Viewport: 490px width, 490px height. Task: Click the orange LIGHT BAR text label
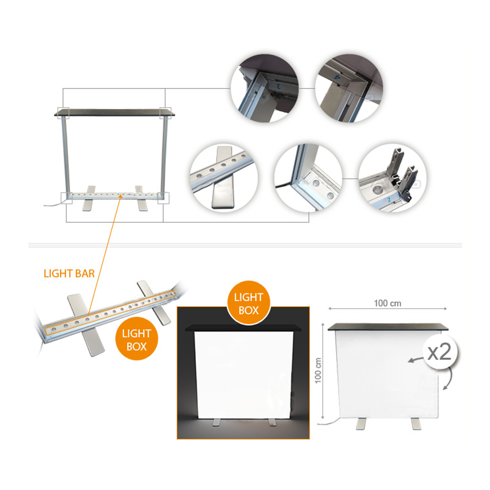pyautogui.click(x=69, y=273)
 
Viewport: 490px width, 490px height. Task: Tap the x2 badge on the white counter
pyautogui.click(x=440, y=352)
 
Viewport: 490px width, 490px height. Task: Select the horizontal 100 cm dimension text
pyautogui.click(x=388, y=303)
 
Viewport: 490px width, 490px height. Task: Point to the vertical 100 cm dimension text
pyautogui.click(x=318, y=370)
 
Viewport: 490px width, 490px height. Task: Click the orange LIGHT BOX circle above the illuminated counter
pyautogui.click(x=249, y=302)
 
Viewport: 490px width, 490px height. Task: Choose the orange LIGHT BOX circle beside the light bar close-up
pyautogui.click(x=137, y=339)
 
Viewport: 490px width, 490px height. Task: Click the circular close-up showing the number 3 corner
pyautogui.click(x=265, y=88)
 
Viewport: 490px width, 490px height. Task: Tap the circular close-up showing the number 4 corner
pyautogui.click(x=349, y=88)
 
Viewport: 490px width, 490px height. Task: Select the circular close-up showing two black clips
pyautogui.click(x=392, y=178)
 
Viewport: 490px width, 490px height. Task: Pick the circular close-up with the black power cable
pyautogui.click(x=308, y=178)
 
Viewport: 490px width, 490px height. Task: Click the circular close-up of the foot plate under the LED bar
pyautogui.click(x=224, y=178)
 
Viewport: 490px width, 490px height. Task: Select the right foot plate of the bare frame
pyautogui.click(x=141, y=198)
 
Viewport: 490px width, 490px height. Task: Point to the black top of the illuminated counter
pyautogui.click(x=244, y=328)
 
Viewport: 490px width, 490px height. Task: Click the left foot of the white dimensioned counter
pyautogui.click(x=361, y=423)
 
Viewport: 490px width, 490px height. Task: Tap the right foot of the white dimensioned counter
pyautogui.click(x=416, y=423)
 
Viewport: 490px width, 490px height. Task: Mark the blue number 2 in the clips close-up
pyautogui.click(x=389, y=199)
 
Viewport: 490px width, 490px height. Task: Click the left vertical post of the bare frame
pyautogui.click(x=65, y=155)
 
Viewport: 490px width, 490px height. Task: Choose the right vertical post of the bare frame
pyautogui.click(x=164, y=155)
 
